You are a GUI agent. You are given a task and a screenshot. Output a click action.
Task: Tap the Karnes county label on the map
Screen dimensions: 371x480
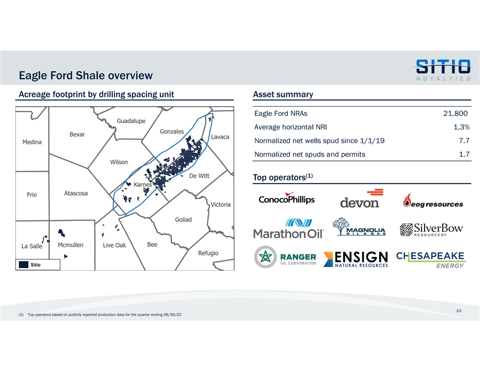142,185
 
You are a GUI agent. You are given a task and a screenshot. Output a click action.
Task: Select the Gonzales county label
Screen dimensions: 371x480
171,131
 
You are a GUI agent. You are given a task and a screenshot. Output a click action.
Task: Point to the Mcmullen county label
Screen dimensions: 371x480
70,245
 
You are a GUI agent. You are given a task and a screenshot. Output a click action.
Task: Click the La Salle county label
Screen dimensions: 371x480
32,246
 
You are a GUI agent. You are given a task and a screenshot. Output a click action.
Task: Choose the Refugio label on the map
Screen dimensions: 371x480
208,253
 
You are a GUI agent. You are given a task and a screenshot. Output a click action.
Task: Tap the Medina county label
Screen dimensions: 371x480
32,142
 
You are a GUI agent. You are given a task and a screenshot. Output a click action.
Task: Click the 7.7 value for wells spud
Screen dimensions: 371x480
464,140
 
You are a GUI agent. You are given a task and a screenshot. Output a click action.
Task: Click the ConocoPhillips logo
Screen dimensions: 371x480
286,200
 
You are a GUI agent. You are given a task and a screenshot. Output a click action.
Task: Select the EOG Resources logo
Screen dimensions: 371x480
433,201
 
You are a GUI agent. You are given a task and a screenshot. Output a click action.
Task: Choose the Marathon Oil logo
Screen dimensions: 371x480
288,229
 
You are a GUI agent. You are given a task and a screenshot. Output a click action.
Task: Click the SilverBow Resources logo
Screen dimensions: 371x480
431,230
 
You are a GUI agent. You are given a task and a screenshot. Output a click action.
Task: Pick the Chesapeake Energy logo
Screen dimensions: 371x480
430,259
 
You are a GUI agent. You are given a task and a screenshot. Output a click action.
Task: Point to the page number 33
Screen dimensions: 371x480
459,311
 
